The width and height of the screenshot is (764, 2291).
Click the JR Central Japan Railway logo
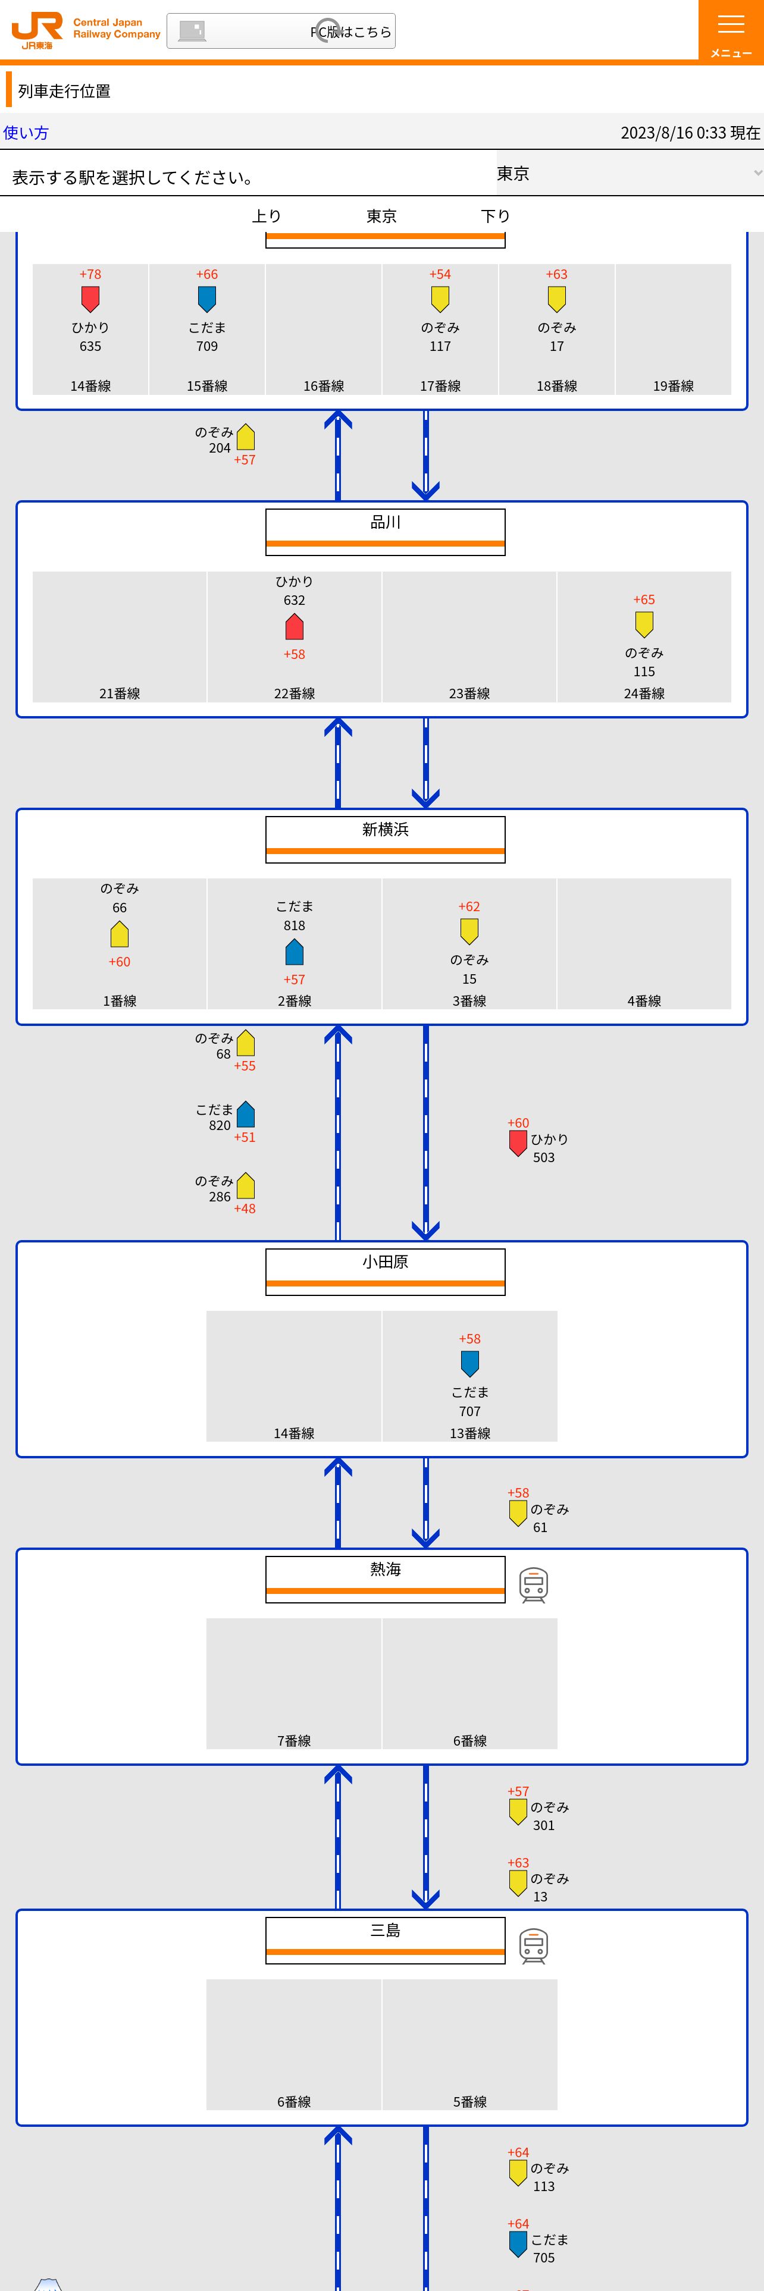[84, 30]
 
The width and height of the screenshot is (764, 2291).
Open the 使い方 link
[26, 133]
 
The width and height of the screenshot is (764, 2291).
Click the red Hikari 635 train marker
[90, 299]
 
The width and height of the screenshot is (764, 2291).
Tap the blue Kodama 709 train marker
[207, 299]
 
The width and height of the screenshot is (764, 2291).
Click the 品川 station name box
[385, 531]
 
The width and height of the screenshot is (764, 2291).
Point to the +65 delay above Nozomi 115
[644, 600]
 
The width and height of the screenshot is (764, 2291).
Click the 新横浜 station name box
[385, 839]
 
